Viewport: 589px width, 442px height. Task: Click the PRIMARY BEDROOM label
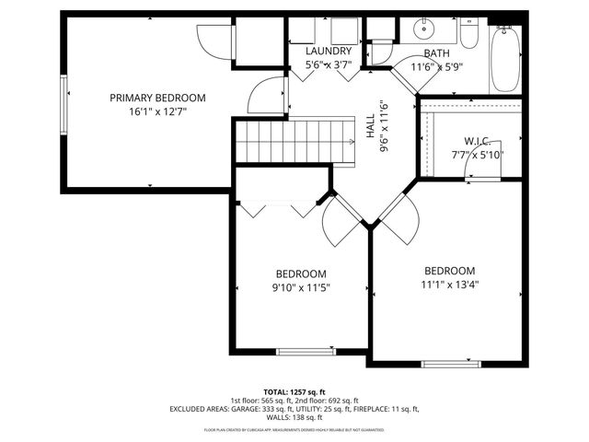coord(157,98)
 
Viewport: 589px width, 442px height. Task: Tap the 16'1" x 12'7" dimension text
coord(157,114)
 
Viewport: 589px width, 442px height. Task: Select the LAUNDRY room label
coord(329,52)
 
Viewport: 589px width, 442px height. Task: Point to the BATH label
coord(436,54)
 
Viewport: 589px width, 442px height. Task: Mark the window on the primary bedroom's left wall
coord(64,102)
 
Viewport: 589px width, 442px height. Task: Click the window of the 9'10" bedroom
coord(306,351)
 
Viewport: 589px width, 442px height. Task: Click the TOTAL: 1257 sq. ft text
coord(294,392)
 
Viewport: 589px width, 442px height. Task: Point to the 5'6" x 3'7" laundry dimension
coord(329,65)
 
